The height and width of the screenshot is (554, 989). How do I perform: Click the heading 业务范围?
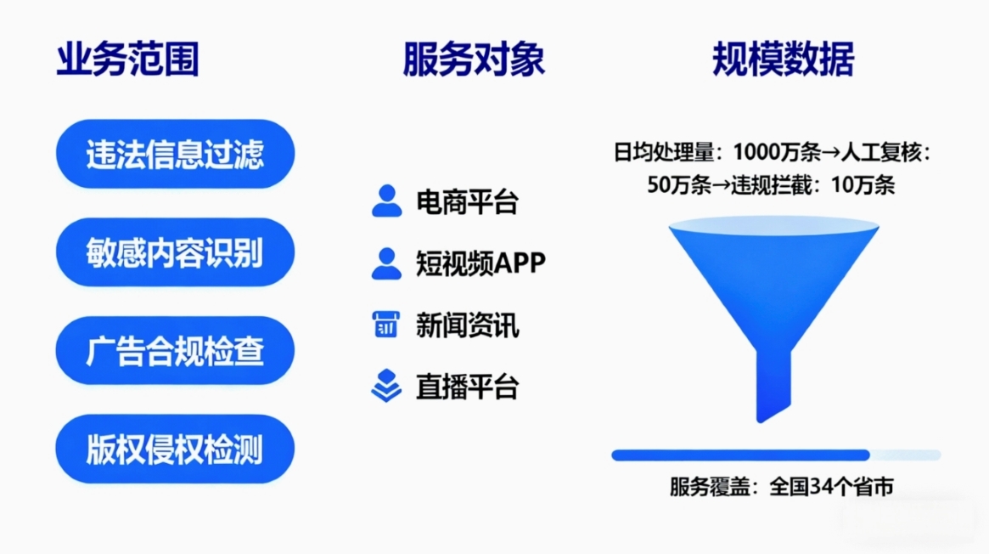(x=128, y=59)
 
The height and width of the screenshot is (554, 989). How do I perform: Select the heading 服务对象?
(x=474, y=59)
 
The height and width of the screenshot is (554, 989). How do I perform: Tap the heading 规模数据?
(x=784, y=59)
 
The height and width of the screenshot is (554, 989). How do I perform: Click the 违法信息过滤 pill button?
(x=176, y=154)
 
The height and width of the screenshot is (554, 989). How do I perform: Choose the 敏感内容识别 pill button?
(x=176, y=252)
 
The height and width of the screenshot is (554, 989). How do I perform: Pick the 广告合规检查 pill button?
(x=176, y=351)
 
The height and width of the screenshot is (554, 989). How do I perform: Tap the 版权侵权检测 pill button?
(x=176, y=449)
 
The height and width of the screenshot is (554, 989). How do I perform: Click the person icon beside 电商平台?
(x=386, y=201)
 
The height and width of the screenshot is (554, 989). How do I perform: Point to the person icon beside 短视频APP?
(x=386, y=263)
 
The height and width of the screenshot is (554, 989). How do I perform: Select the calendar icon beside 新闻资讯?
(x=386, y=325)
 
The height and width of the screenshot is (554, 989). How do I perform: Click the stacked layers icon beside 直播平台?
(x=386, y=386)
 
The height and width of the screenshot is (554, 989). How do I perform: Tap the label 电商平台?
(x=468, y=202)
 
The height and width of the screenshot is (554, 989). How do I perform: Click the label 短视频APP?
(x=480, y=263)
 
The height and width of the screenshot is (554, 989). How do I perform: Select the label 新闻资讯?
(x=468, y=325)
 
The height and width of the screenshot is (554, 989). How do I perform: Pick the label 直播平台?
(x=468, y=387)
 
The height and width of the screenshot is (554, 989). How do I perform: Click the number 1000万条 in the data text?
(x=777, y=152)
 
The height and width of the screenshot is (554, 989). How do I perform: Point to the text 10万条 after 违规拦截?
(x=863, y=185)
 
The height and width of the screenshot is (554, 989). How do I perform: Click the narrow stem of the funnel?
(x=773, y=385)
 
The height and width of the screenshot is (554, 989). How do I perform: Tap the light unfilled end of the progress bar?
(x=906, y=455)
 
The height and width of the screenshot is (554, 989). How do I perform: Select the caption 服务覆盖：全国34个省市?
(x=782, y=487)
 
